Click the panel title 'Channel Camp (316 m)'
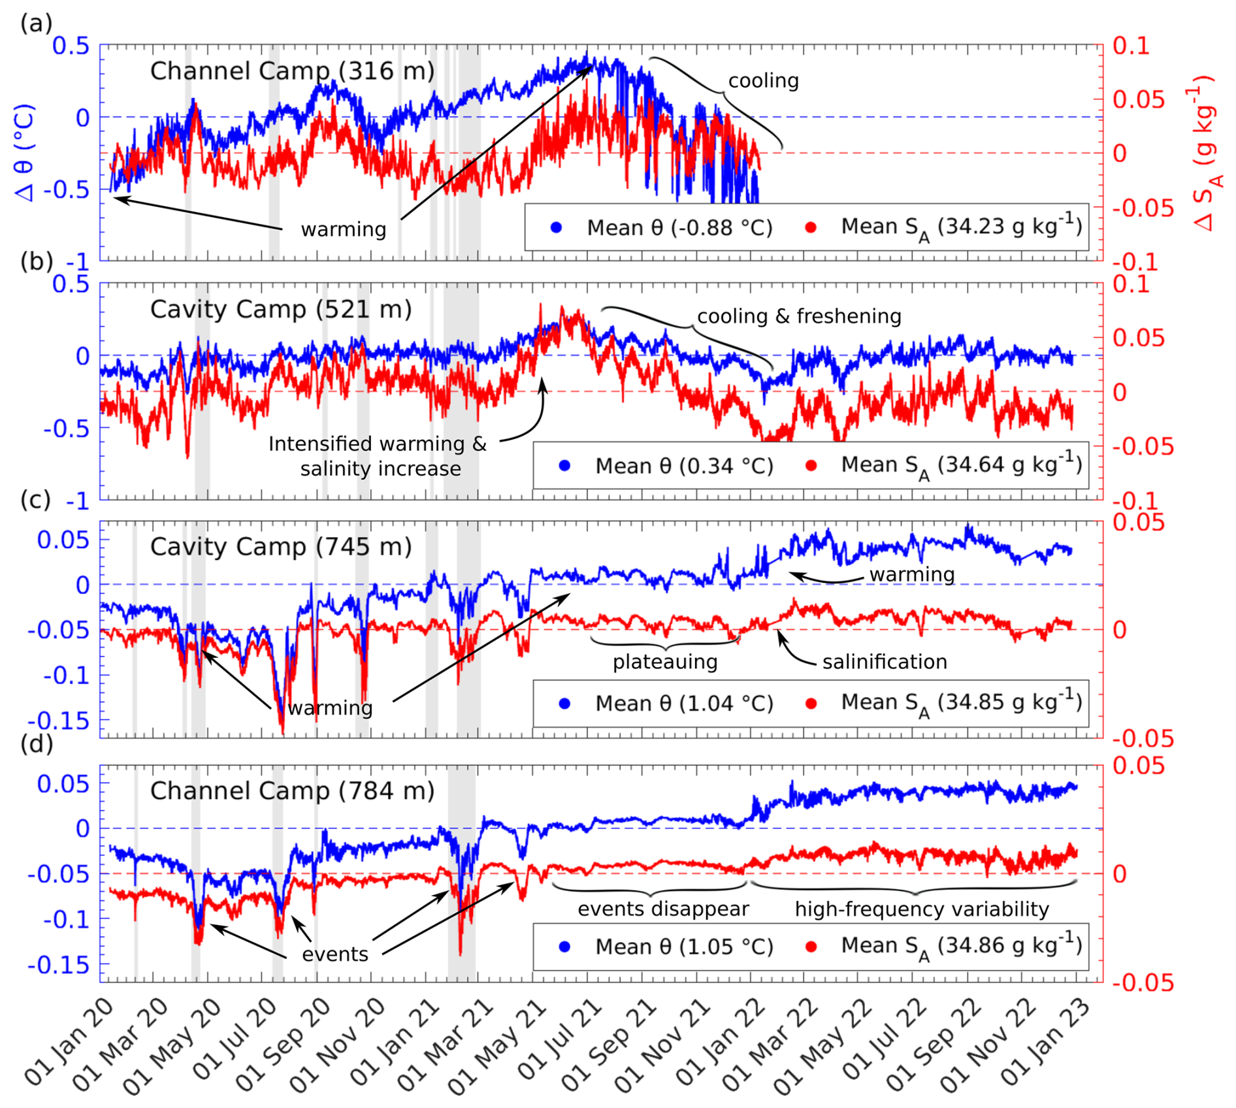point(292,71)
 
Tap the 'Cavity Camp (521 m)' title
point(281,309)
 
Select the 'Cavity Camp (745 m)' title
point(281,546)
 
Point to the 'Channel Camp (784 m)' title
point(292,790)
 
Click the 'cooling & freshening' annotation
point(799,316)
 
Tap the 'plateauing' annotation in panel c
point(665,662)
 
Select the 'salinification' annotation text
point(885,662)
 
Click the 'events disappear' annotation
point(663,909)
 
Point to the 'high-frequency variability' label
point(922,909)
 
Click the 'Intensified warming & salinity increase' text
point(378,456)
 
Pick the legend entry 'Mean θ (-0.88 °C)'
point(679,228)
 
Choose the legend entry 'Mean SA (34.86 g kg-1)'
point(960,947)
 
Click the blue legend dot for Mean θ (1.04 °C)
point(565,704)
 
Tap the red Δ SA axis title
point(1204,154)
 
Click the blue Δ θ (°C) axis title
point(25,154)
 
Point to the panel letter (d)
point(37,743)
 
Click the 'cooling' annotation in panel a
point(764,81)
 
